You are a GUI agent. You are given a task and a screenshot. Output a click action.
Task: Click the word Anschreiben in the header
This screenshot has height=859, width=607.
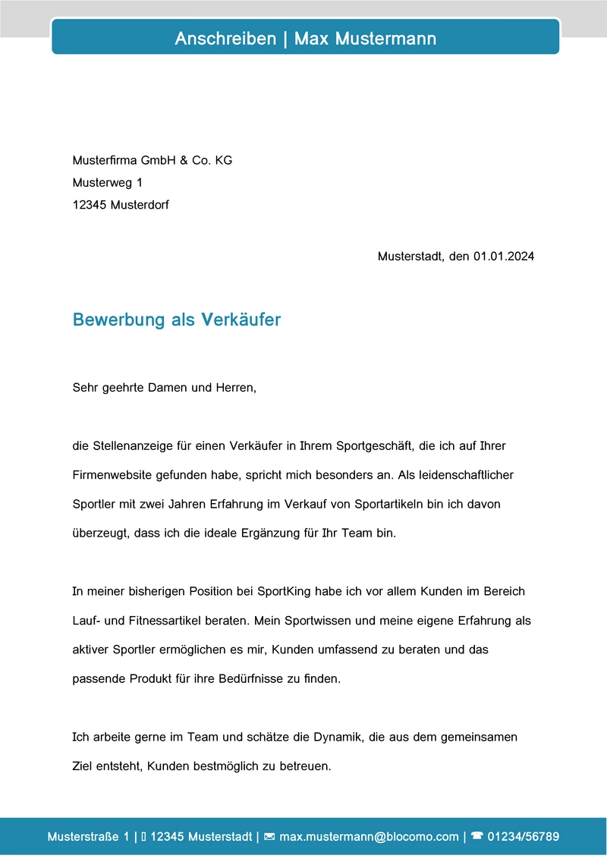click(225, 38)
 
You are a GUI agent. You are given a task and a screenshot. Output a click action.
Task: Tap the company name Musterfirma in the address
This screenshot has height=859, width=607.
click(105, 160)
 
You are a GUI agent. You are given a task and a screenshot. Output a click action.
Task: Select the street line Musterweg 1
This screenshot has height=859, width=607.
click(107, 183)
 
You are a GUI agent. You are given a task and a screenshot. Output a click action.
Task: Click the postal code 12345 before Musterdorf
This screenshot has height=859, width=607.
click(90, 205)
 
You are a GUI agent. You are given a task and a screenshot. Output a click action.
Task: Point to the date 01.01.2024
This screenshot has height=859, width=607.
click(504, 256)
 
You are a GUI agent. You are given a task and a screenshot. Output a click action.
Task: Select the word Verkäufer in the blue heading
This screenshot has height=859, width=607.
click(241, 319)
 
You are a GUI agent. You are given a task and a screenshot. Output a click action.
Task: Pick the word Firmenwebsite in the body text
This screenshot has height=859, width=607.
click(112, 475)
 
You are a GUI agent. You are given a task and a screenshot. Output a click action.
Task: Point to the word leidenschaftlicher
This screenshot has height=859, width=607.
click(464, 475)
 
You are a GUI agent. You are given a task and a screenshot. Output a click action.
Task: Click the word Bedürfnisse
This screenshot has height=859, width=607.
click(251, 679)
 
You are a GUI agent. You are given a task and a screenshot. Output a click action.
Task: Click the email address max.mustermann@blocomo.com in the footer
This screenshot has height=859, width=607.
click(370, 837)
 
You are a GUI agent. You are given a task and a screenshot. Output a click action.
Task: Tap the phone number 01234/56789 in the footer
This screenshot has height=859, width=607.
click(524, 837)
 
